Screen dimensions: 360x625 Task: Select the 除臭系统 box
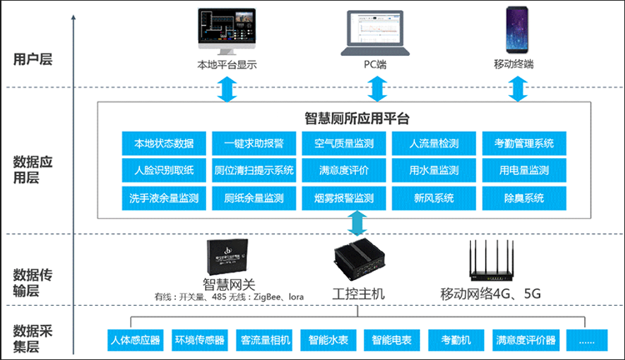point(524,198)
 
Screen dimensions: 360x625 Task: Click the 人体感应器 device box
point(135,340)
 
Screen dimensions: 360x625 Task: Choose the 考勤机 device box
point(455,340)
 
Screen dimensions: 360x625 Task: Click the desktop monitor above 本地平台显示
point(226,31)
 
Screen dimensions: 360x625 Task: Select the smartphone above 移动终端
point(516,31)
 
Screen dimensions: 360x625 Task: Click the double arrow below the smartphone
point(518,87)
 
